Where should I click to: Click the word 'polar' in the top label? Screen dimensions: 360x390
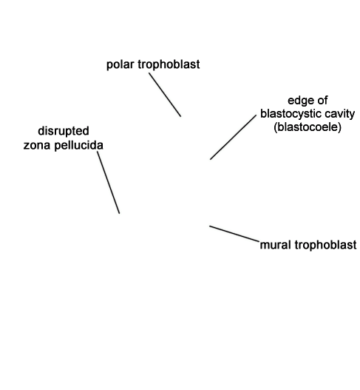pyautogui.click(x=121, y=64)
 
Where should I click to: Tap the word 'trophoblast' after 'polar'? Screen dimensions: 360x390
pyautogui.click(x=169, y=64)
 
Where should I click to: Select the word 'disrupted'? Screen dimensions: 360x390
pyautogui.click(x=64, y=131)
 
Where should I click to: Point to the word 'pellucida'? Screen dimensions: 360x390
pyautogui.click(x=78, y=145)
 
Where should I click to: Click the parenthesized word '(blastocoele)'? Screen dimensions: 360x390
pyautogui.click(x=308, y=127)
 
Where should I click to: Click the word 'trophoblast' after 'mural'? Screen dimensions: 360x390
pyautogui.click(x=325, y=245)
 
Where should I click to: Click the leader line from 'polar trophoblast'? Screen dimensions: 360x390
pyautogui.click(x=165, y=95)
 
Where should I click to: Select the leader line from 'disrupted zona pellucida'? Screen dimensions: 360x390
pyautogui.click(x=109, y=183)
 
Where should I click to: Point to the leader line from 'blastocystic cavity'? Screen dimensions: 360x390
pyautogui.click(x=233, y=138)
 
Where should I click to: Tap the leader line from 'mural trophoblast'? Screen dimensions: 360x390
pyautogui.click(x=234, y=234)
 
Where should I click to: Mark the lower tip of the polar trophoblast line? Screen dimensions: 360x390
pyautogui.click(x=181, y=116)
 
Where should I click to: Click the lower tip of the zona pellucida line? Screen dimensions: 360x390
pyautogui.click(x=120, y=213)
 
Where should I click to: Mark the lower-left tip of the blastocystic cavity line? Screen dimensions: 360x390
pyautogui.click(x=210, y=159)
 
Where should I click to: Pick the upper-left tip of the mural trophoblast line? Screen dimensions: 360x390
pyautogui.click(x=210, y=226)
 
